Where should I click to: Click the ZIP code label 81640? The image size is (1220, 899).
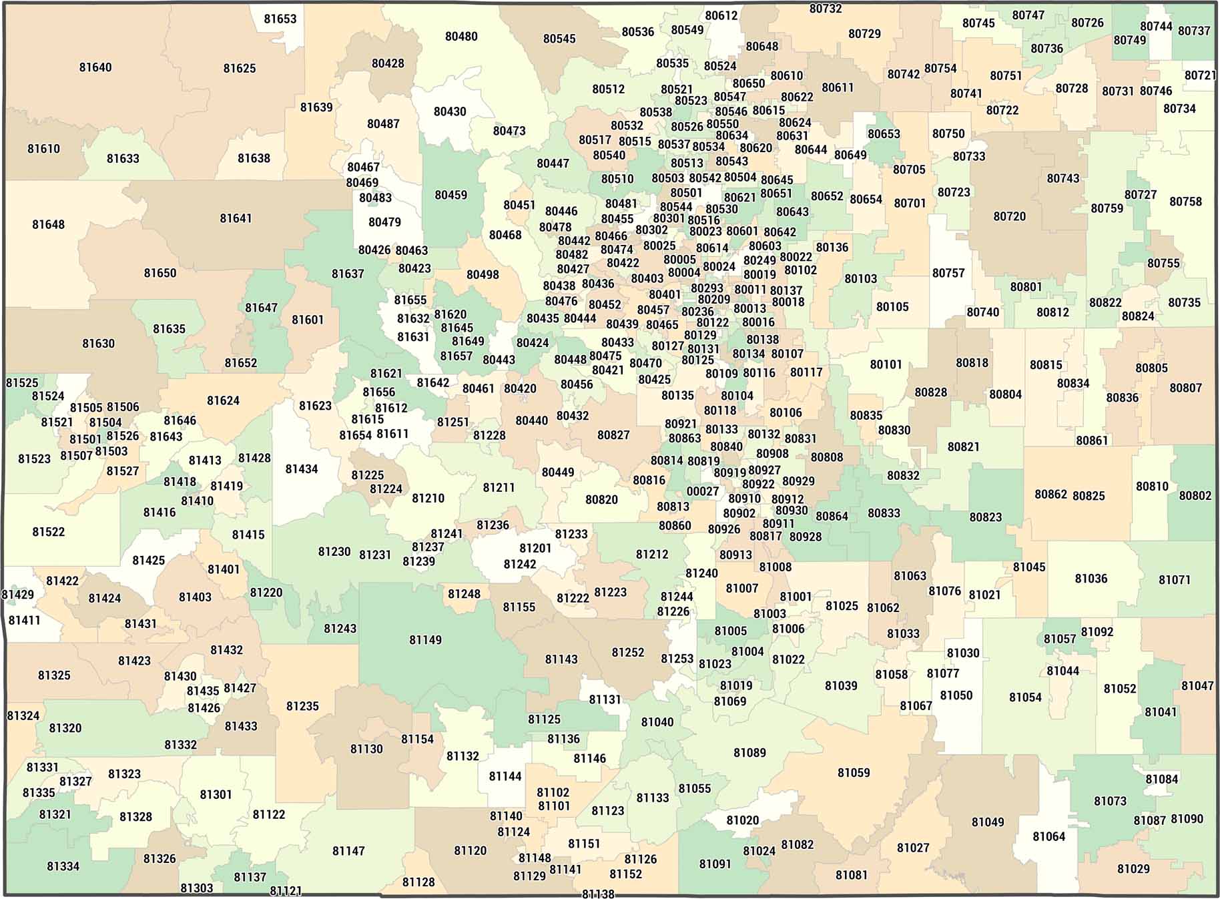point(95,67)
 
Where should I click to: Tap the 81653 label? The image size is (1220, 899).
point(280,19)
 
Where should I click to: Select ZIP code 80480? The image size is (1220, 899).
point(461,37)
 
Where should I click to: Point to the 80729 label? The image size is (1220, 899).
point(864,34)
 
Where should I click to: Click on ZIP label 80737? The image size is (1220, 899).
point(1194,31)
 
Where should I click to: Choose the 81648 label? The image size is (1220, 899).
point(49,225)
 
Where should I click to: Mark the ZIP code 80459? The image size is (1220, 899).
point(451,195)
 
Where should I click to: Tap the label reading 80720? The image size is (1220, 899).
point(1009,216)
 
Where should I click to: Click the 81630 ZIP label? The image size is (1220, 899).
point(99,344)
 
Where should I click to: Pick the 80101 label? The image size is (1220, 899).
point(886,364)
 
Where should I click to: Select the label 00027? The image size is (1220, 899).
point(703,492)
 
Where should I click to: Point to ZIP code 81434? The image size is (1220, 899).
point(302,469)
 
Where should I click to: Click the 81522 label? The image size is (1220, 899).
point(49,532)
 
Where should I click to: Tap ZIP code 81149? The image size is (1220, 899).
point(426,640)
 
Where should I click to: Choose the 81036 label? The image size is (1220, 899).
point(1091,579)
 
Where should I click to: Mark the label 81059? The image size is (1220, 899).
point(854,773)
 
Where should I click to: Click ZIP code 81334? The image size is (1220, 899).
point(63,866)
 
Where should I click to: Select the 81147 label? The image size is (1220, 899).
point(348,851)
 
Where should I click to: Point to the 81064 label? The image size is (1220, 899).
point(1048,837)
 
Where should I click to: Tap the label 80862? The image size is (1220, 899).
point(1050,495)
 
